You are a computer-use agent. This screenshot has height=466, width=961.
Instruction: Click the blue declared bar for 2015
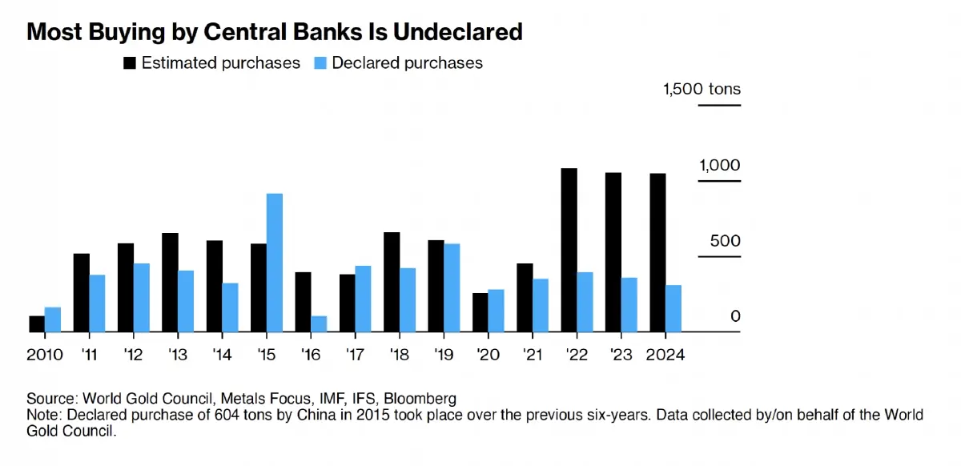(x=275, y=263)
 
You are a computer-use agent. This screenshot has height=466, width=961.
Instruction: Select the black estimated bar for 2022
(x=569, y=250)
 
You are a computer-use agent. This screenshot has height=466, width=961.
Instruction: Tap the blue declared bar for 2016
(x=319, y=323)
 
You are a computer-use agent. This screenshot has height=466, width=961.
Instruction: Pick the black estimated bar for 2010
(x=37, y=323)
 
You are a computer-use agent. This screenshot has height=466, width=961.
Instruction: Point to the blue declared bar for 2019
(x=452, y=287)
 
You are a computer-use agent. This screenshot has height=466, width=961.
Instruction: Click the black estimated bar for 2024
(x=657, y=252)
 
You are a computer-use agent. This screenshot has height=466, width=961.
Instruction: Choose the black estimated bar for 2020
(x=480, y=312)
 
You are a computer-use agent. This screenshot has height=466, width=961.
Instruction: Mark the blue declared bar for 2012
(x=142, y=297)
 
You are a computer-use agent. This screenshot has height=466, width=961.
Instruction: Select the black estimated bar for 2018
(x=392, y=282)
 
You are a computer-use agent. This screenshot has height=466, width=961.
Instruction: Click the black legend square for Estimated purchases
(x=129, y=62)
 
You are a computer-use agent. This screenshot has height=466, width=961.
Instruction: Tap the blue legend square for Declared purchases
(x=319, y=62)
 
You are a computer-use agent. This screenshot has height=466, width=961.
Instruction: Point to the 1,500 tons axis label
(x=702, y=89)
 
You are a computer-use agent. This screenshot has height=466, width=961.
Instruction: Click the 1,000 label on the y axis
(x=720, y=165)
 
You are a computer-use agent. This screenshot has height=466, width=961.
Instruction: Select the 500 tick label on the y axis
(x=726, y=241)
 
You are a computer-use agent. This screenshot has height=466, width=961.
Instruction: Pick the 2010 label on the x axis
(x=44, y=354)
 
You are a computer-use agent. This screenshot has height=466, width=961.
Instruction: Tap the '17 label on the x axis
(x=355, y=354)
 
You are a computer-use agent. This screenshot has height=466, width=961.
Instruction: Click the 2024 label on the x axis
(x=665, y=354)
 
